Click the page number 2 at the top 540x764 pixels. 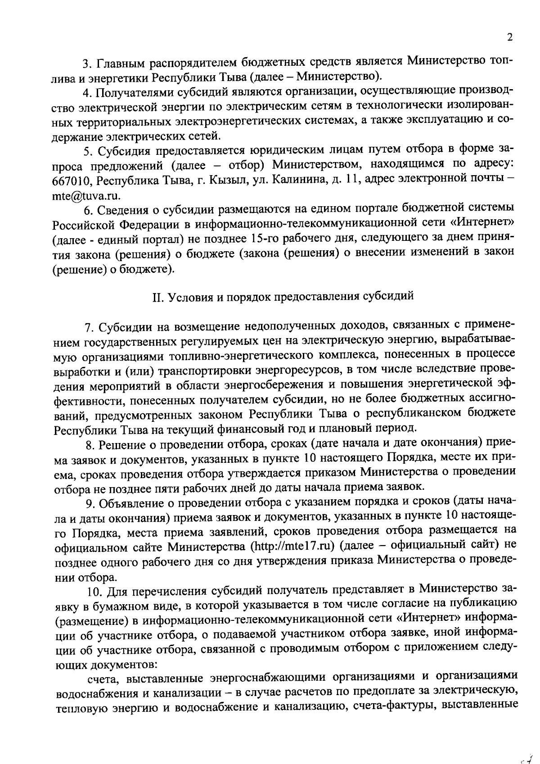(509, 37)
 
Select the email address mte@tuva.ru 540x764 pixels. (86, 195)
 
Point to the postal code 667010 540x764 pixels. (72, 181)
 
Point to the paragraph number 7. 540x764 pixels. (88, 326)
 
